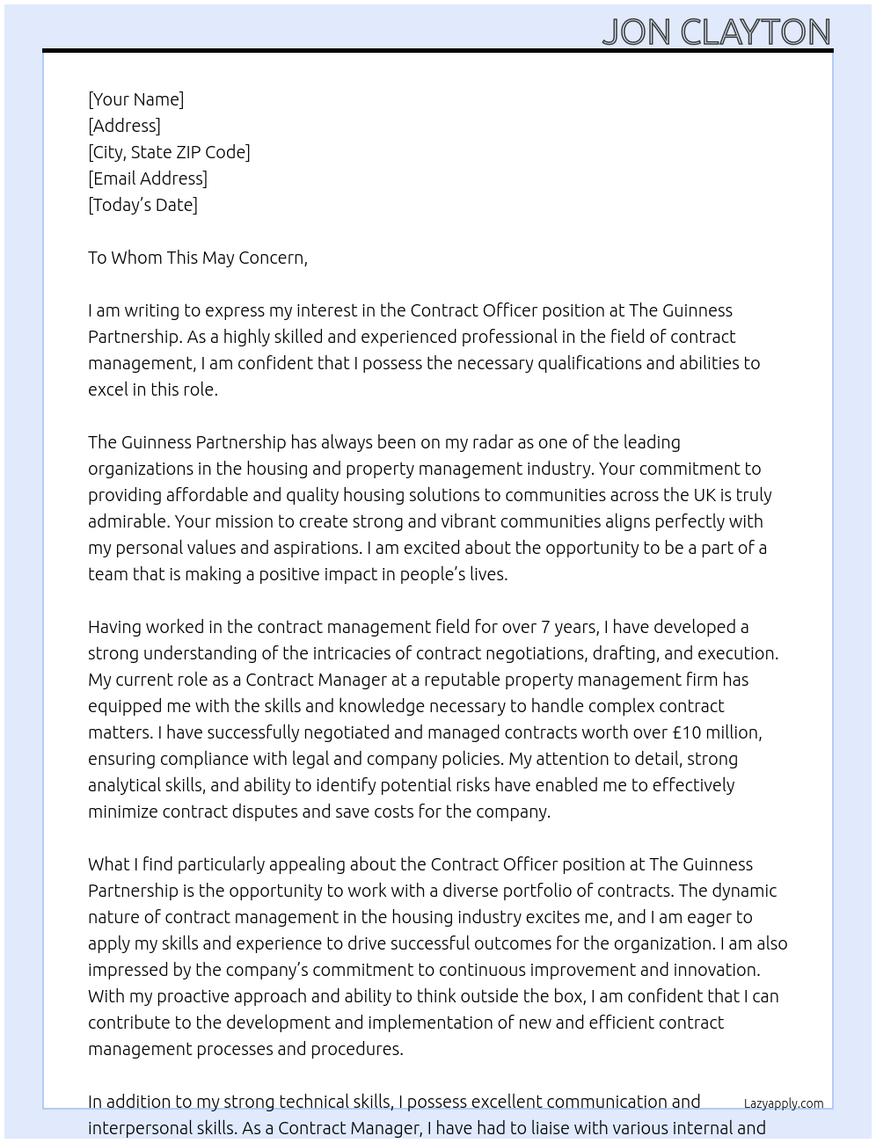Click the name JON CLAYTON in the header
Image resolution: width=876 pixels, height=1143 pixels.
(x=716, y=32)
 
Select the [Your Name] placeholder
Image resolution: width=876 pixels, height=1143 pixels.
(x=135, y=99)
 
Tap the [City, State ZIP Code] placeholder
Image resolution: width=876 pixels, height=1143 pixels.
(x=169, y=152)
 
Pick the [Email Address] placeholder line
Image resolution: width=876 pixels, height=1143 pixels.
(x=148, y=178)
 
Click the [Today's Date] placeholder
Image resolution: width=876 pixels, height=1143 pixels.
(x=142, y=205)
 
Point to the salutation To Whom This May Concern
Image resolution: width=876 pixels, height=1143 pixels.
(x=197, y=258)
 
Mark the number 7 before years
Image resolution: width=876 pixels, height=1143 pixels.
(x=546, y=627)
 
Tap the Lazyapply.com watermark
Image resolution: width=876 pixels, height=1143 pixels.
(x=784, y=1103)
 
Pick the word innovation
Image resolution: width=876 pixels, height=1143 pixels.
(x=717, y=970)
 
